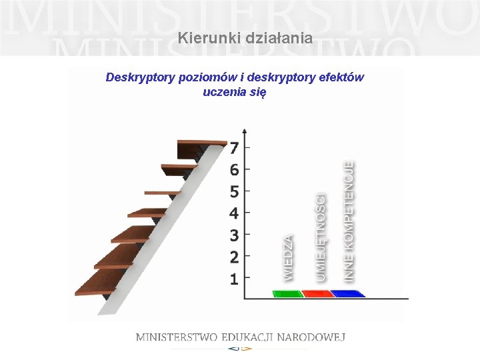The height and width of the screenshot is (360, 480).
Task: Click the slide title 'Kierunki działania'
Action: tap(245, 39)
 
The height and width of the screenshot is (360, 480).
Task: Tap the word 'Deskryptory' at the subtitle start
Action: tap(141, 77)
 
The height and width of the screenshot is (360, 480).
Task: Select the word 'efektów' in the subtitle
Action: tap(341, 77)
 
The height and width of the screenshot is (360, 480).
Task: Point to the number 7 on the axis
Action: tap(234, 148)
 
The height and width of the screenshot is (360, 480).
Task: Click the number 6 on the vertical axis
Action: tap(234, 170)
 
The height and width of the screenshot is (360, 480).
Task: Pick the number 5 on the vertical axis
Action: tap(234, 192)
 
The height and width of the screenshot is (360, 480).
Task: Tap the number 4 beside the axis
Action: tap(234, 213)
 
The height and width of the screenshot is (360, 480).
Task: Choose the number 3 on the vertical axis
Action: tap(234, 235)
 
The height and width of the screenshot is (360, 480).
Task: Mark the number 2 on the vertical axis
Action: tap(234, 257)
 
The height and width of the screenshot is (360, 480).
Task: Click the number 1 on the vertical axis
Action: tap(234, 279)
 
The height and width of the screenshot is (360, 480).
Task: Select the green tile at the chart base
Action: tap(287, 293)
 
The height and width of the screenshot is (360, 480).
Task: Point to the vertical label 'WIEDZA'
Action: tap(288, 257)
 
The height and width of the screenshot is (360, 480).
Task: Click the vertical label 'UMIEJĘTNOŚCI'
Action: tap(321, 236)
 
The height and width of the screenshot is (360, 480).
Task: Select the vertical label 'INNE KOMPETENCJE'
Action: tap(349, 220)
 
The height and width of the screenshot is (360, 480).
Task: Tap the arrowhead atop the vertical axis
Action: tap(245, 131)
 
